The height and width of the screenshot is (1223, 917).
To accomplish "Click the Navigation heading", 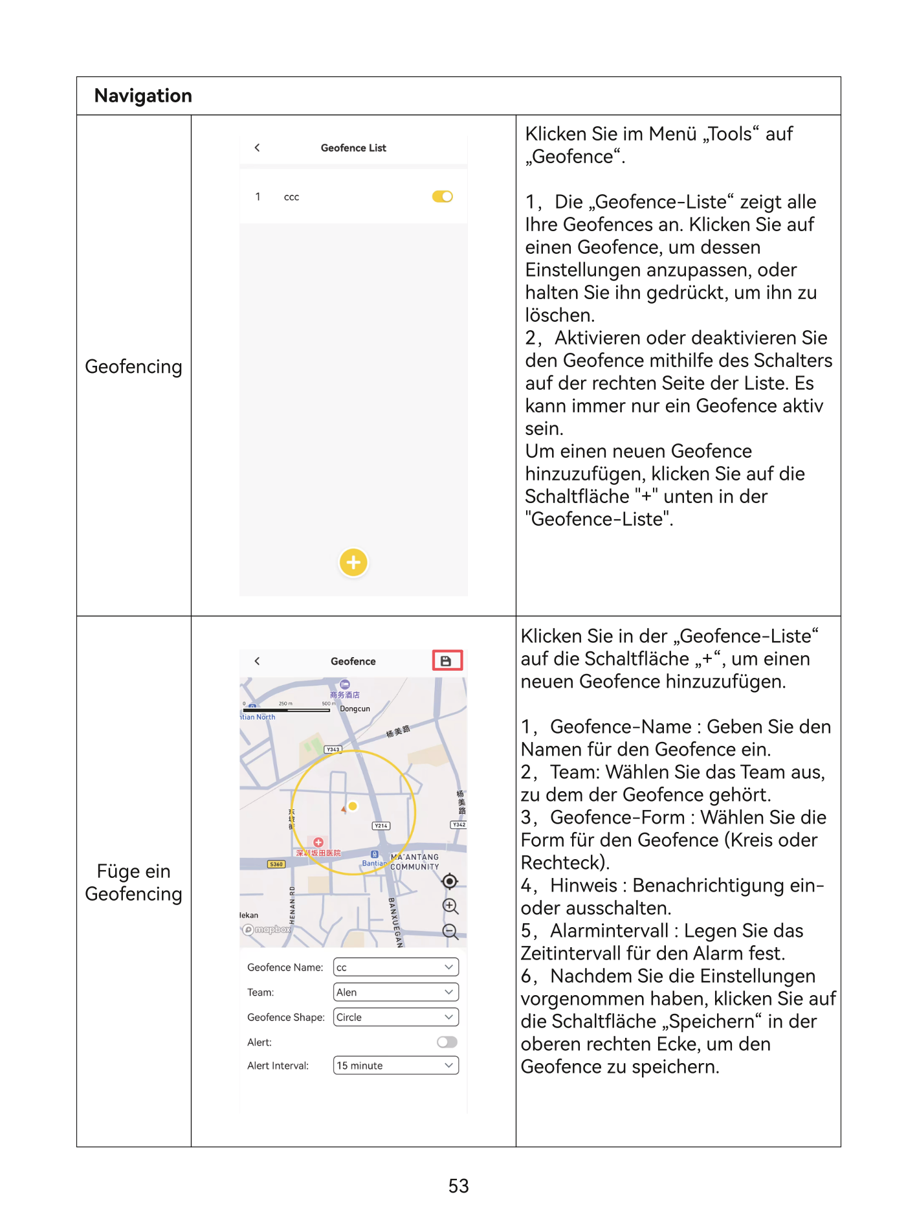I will tap(143, 96).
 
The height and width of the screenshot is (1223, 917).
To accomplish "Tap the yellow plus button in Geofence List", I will tap(353, 562).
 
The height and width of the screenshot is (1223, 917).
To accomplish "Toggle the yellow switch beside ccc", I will tap(443, 196).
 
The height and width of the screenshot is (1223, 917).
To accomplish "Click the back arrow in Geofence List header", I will tap(258, 148).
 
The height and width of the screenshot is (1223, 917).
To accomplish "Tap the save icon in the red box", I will tap(447, 660).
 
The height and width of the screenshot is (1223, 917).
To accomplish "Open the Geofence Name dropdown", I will tap(395, 967).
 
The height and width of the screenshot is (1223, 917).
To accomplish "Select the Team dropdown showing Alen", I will tap(395, 992).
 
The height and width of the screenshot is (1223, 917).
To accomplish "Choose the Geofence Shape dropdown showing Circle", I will tap(395, 1016).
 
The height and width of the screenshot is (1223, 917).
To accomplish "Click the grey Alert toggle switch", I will tap(447, 1042).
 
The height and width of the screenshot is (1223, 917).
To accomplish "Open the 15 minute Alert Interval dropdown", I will tap(395, 1065).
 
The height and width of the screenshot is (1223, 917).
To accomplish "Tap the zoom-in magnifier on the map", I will tap(450, 906).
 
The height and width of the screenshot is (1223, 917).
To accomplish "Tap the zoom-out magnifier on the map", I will tap(450, 931).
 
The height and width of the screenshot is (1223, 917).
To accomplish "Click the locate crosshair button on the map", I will tap(450, 881).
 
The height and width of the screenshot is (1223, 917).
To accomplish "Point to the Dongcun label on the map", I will tap(355, 709).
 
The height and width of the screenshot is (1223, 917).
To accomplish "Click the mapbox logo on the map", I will tap(267, 929).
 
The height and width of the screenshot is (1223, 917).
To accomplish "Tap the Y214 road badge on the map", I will tap(381, 825).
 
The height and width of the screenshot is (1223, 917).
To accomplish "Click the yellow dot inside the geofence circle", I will tap(353, 806).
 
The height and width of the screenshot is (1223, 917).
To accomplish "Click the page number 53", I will tap(458, 1185).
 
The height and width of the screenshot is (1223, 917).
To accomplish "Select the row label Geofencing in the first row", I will tap(133, 366).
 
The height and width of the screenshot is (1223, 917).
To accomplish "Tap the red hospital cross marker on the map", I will tap(318, 842).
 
